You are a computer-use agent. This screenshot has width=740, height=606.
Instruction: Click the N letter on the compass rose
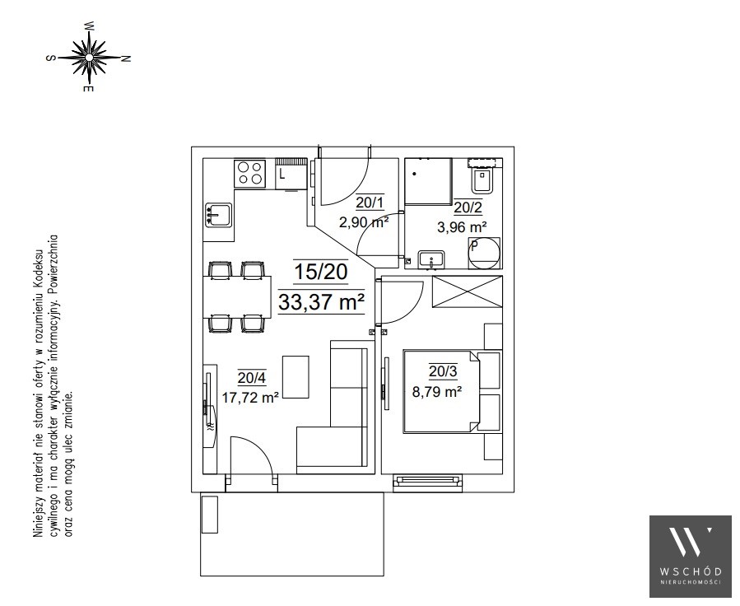pos(126,58)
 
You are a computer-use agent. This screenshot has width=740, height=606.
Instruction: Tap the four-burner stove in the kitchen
pos(250,173)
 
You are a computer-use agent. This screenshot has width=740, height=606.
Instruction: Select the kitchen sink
pos(218,215)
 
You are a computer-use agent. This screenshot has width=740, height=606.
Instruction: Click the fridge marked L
pos(291,175)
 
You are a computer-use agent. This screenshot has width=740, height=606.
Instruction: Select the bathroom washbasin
pos(431,259)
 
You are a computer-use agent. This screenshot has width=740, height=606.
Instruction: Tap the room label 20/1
pos(370,203)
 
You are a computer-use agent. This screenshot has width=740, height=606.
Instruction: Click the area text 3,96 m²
pos(462,227)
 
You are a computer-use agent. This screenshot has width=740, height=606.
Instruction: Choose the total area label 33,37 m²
pos(321,302)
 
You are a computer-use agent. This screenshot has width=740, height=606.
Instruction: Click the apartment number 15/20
pos(320,272)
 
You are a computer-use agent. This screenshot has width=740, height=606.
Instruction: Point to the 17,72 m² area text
pos(250,398)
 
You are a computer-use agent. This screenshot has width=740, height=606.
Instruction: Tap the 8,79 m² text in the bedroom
pos(436,391)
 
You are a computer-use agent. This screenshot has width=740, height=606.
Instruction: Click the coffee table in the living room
pos(296,377)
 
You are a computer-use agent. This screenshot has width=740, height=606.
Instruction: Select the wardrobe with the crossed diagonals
pos(468,292)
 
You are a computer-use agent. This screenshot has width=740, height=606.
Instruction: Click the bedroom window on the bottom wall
pos(428,482)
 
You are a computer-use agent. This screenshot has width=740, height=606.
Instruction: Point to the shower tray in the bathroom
pos(428,181)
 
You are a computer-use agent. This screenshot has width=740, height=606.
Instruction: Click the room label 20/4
pos(252,378)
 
